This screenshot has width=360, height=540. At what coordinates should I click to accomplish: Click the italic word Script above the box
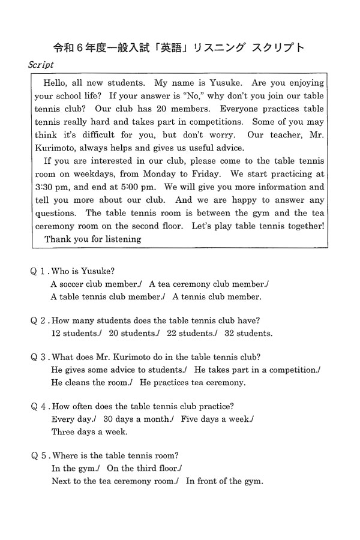[41, 65]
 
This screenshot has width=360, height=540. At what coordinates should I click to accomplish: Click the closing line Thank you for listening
[93, 239]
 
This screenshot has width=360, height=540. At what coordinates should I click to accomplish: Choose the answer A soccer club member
[96, 284]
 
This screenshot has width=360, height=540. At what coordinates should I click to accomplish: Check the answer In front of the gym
[225, 481]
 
